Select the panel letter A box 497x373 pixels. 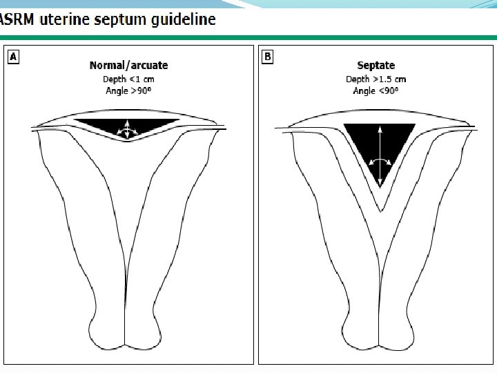click(13, 57)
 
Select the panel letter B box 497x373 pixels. click(268, 57)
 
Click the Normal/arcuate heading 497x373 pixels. click(128, 66)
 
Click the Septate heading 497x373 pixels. click(376, 66)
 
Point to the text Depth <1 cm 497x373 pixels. click(128, 79)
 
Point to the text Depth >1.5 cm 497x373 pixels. click(376, 79)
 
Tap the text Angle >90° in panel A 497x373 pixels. click(128, 90)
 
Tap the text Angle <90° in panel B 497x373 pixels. click(376, 90)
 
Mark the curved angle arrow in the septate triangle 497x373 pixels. click(379, 160)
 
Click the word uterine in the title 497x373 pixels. click(68, 19)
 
